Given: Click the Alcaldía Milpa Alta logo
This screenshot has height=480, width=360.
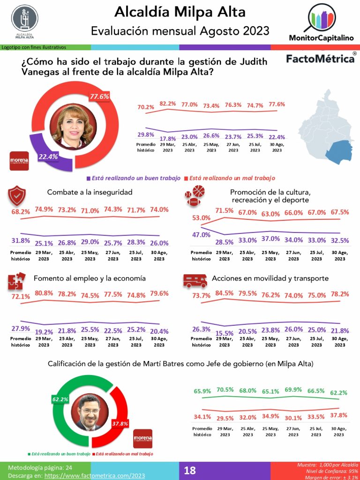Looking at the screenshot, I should [24, 20].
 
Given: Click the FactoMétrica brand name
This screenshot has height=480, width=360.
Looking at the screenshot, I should [320, 59].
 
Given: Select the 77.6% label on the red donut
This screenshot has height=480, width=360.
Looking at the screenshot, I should [99, 97].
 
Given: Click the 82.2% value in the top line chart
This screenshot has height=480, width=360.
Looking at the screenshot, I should [167, 104].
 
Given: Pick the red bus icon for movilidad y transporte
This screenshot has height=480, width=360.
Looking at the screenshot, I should [195, 280].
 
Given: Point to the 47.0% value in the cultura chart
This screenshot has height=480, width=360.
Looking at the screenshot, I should [201, 235].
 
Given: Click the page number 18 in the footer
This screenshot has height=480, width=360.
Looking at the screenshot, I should [190, 471].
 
